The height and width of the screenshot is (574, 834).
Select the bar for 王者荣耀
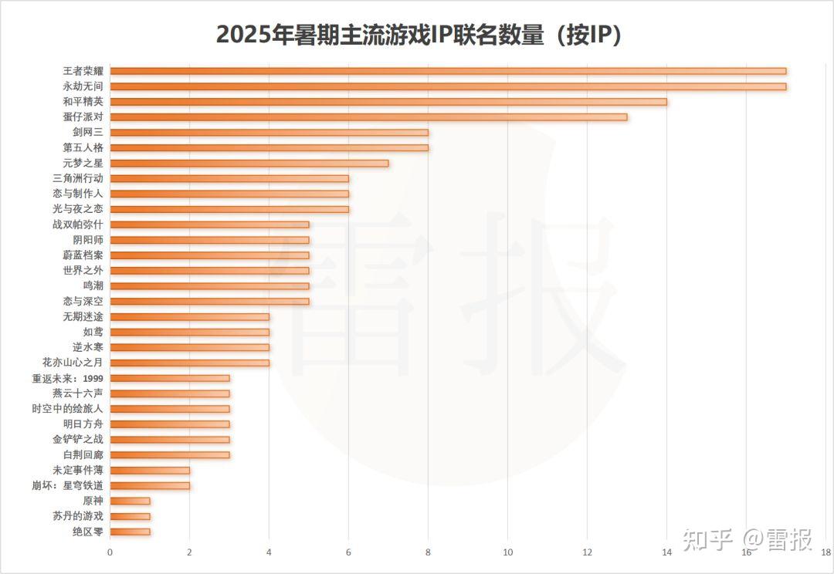coord(448,71)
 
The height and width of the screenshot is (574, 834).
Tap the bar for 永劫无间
coord(448,86)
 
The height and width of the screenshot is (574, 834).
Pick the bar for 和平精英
coord(388,102)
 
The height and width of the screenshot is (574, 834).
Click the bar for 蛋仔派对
coord(368,117)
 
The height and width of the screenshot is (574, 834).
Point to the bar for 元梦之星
coord(249,163)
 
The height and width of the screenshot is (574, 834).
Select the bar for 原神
coord(130,501)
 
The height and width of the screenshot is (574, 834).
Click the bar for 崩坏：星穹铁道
coord(150,485)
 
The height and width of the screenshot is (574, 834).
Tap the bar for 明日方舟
coord(170,424)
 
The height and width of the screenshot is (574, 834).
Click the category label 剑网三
coord(88,132)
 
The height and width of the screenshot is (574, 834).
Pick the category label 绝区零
coord(88,532)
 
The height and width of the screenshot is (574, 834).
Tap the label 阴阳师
coord(88,240)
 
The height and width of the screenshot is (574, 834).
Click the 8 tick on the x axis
coord(428,552)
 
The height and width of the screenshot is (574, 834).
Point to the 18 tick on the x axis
coord(826,552)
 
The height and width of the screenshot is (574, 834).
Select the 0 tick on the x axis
coord(110,552)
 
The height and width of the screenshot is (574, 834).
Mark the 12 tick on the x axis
coord(587,552)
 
